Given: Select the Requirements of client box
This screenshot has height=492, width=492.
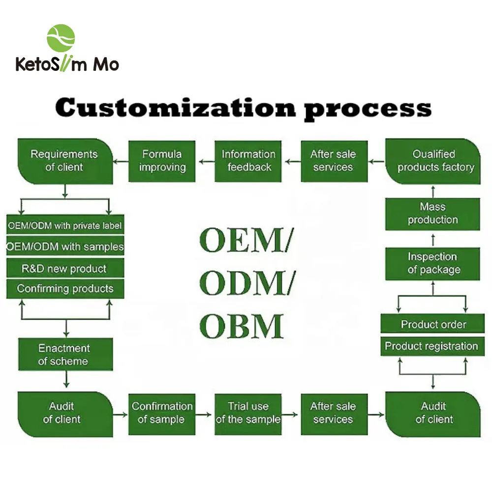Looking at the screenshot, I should point(64,161).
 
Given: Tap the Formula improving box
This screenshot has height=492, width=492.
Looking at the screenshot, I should point(162,161).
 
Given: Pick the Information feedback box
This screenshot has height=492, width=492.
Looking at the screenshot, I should point(248,161).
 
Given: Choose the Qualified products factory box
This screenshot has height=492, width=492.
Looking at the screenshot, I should point(433,161).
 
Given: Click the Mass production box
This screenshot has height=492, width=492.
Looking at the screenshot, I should point(432,214).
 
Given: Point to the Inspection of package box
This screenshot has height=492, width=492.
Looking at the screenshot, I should point(432,263).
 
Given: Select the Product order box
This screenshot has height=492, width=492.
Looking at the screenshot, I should point(432,325).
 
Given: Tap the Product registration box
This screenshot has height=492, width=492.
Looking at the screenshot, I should point(431,346).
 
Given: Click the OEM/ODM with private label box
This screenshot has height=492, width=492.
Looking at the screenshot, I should point(65,226).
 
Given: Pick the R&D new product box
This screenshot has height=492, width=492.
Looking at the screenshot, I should point(65,269).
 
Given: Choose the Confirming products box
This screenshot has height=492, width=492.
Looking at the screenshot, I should point(65,289).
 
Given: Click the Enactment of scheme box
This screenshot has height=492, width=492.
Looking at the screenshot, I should point(65,354).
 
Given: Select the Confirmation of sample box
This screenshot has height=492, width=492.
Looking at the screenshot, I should point(162,413).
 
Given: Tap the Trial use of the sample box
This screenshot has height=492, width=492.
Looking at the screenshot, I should point(248,413).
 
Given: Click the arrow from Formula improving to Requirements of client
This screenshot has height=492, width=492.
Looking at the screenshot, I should point(121,161).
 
